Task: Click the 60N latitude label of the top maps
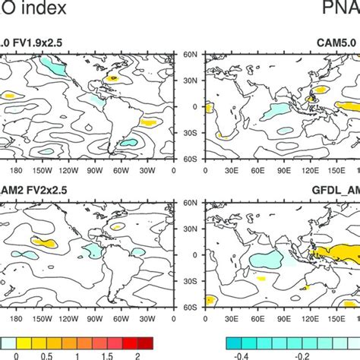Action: click(x=190, y=55)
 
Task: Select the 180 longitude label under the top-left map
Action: click(x=15, y=169)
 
